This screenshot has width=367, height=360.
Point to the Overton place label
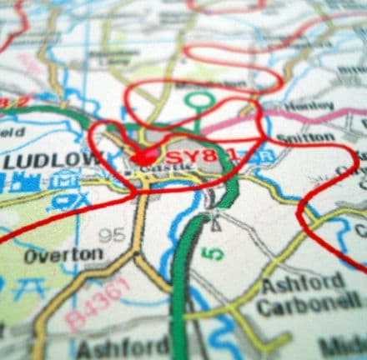click(63, 255)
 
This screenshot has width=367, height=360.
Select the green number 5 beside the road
click(214, 249)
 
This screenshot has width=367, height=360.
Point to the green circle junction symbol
click(199, 101)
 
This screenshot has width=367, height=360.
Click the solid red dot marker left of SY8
click(144, 155)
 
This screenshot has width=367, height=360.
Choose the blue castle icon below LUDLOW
click(25, 182)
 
